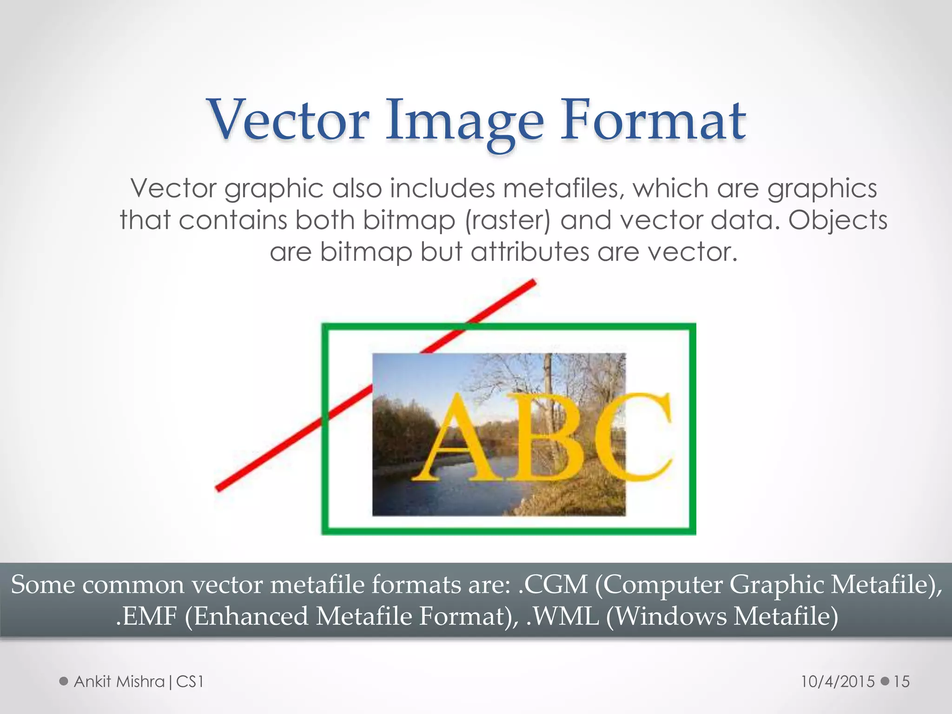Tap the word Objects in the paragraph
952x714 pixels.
838,220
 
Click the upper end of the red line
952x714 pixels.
534,282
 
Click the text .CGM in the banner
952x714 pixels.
553,585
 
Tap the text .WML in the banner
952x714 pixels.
562,616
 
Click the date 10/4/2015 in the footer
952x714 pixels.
838,681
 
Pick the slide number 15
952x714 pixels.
901,681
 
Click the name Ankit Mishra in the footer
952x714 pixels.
119,681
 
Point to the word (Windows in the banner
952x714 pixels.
667,616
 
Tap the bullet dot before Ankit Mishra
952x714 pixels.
64,681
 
